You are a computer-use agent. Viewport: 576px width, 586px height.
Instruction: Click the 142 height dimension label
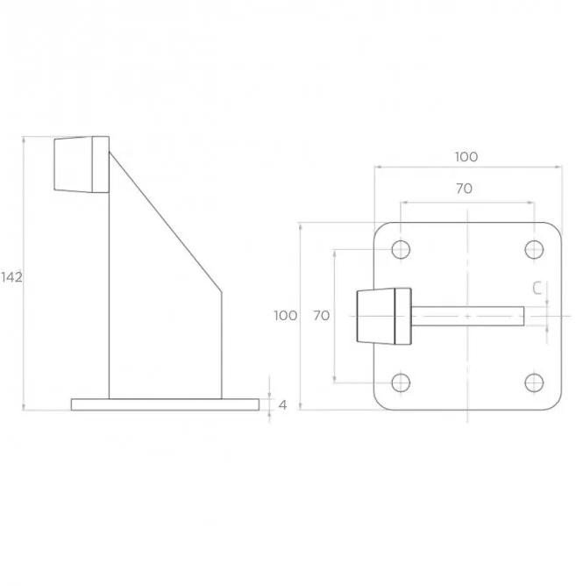coord(11,277)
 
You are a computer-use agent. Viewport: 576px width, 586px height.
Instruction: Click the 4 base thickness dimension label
coord(283,404)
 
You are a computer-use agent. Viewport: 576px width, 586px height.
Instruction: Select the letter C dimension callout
coord(537,288)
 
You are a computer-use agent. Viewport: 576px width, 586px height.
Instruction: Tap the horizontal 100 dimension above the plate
coord(466,157)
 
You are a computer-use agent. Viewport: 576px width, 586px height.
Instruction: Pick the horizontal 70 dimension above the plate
coord(464,189)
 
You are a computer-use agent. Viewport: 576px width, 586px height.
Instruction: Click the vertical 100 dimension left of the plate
coord(286,316)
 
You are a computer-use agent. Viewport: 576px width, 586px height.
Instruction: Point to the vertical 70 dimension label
coord(321,316)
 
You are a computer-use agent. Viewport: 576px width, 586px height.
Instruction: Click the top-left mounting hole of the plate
coord(401,249)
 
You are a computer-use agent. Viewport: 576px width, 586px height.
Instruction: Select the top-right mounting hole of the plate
coord(534,249)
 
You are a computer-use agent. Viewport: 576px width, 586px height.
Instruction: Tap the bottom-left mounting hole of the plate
coord(401,382)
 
